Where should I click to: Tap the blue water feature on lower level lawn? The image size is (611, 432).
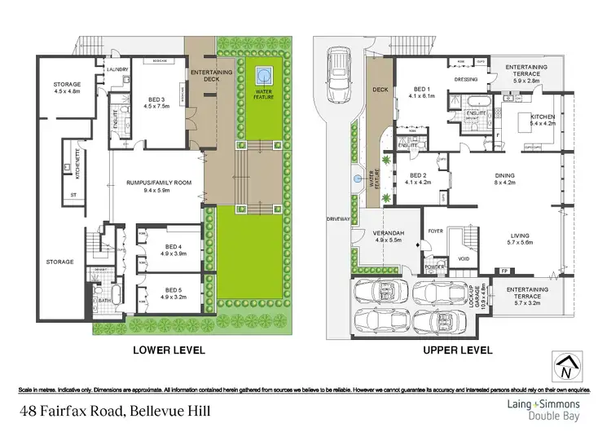tap(262, 77)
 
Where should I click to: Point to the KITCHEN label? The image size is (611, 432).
tap(543, 117)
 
